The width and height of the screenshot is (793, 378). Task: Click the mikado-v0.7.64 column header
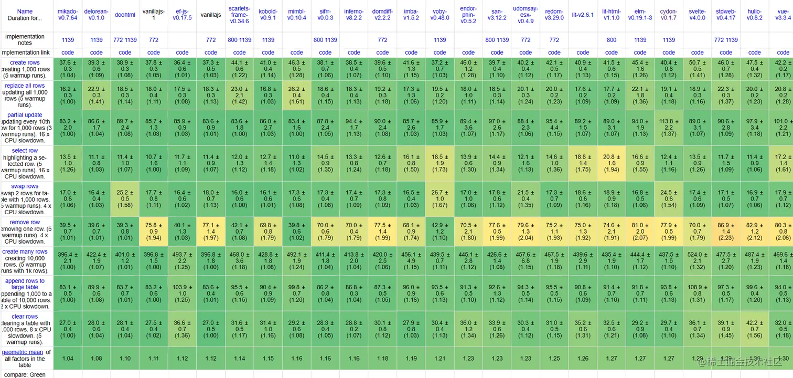pyautogui.click(x=68, y=14)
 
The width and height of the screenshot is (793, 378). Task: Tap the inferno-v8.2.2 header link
pyautogui.click(x=354, y=14)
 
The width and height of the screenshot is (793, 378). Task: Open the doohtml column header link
pyautogui.click(x=125, y=15)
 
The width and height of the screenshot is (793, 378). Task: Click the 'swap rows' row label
pyautogui.click(x=25, y=186)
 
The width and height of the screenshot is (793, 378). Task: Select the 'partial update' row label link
pyautogui.click(x=25, y=115)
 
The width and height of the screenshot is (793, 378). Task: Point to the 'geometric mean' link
pyautogui.click(x=22, y=352)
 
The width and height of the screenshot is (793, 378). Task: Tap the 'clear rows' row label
pyautogui.click(x=25, y=317)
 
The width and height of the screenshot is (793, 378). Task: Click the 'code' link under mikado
pyautogui.click(x=68, y=52)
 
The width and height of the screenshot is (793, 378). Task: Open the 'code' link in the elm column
pyautogui.click(x=640, y=52)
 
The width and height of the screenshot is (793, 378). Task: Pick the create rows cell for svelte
pyautogui.click(x=697, y=69)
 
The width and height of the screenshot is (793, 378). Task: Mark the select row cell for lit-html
pyautogui.click(x=612, y=163)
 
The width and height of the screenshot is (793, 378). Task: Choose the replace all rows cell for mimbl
pyautogui.click(x=297, y=95)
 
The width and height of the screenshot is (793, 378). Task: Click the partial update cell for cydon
pyautogui.click(x=669, y=127)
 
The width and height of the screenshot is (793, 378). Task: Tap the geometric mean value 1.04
pyautogui.click(x=68, y=359)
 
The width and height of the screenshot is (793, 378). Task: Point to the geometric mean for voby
pyautogui.click(x=440, y=359)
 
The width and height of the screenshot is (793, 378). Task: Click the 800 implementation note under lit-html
pyautogui.click(x=612, y=40)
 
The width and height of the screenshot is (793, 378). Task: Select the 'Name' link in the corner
pyautogui.click(x=25, y=11)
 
